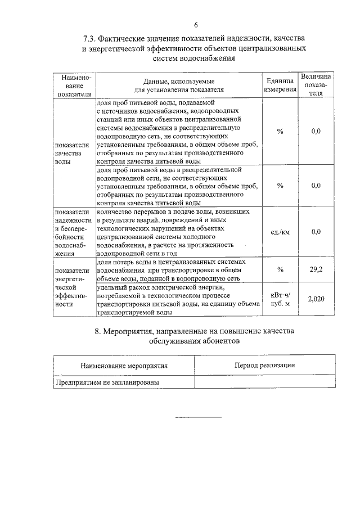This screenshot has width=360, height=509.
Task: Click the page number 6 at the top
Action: [196, 24]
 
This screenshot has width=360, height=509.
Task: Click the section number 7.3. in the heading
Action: [90, 39]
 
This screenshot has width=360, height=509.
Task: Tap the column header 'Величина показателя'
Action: [316, 84]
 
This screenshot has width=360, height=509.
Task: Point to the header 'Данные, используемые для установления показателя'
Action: [179, 85]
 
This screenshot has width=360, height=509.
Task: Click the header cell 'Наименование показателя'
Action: [73, 85]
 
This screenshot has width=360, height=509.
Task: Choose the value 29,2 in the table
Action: [316, 269]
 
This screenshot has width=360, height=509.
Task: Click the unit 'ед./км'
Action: [280, 232]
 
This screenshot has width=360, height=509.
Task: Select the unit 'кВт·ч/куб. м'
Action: [280, 299]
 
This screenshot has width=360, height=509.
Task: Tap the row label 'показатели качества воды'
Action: [68, 152]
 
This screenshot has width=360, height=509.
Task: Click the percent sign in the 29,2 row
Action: [280, 269]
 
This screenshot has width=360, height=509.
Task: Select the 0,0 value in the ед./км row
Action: [316, 232]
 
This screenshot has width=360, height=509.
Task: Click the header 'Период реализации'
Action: [264, 365]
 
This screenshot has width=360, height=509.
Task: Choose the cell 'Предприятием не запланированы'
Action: [107, 382]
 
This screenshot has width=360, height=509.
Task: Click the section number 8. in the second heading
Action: [98, 331]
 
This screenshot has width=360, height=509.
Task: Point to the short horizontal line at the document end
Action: [199, 417]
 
